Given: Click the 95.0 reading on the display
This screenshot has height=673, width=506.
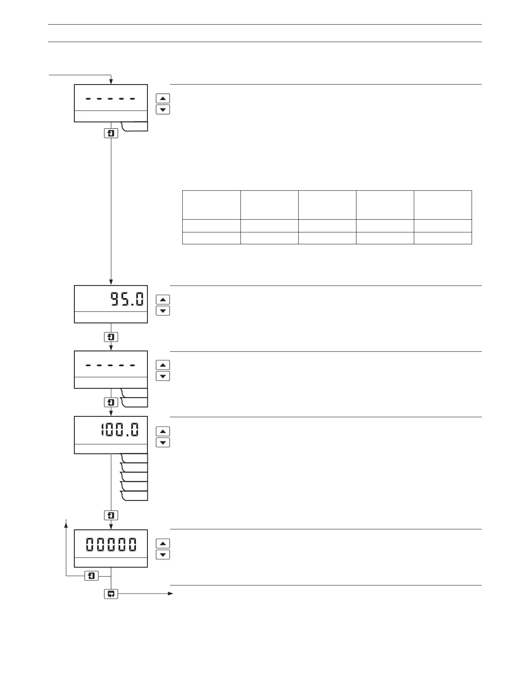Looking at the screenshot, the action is tap(127, 300).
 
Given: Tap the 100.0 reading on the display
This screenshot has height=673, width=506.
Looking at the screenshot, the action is tap(119, 430).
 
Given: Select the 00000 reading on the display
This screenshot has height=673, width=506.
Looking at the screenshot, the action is tap(111, 544).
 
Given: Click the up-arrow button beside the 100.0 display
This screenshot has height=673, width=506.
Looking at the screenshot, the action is tap(163, 431).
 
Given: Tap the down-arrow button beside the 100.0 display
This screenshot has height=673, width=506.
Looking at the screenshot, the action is tap(163, 442).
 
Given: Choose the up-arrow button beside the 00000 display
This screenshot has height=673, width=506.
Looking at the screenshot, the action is tap(163, 543).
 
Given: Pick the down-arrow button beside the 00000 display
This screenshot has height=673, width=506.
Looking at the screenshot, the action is tap(163, 554).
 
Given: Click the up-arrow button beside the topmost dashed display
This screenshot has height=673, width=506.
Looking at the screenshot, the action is tap(163, 98).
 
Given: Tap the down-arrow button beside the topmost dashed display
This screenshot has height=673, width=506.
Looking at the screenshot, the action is tap(163, 110).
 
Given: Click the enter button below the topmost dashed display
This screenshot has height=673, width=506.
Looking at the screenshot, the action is tap(111, 133).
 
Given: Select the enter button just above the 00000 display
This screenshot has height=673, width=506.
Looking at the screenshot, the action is tap(111, 515).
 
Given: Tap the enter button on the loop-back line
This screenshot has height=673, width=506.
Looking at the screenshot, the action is tap(92, 576).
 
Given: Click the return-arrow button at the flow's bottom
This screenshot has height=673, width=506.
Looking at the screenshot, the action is tap(111, 594).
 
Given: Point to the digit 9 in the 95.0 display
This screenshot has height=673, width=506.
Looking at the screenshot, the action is tap(116, 300).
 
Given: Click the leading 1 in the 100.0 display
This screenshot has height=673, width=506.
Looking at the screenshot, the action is tap(103, 430).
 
